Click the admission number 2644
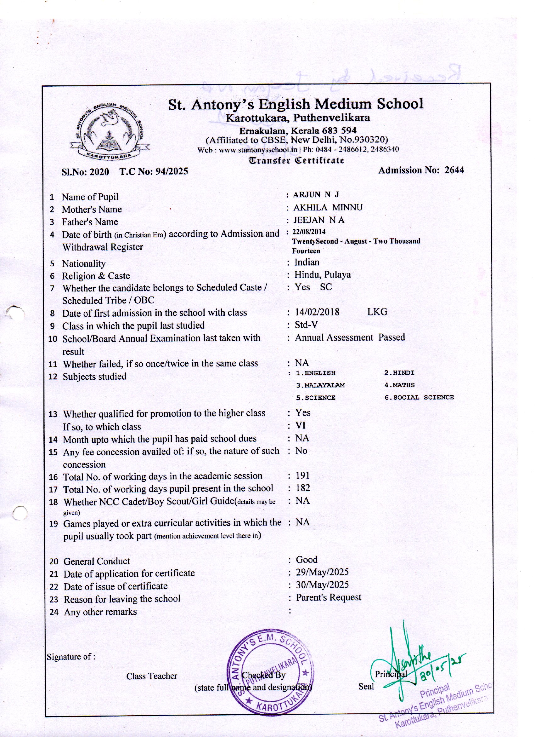tap(454, 170)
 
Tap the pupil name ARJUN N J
tap(316, 195)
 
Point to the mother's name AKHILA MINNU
tap(328, 207)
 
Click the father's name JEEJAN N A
tap(319, 220)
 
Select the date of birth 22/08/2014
tap(309, 232)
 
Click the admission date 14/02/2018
tap(317, 312)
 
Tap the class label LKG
tap(377, 312)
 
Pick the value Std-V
tap(306, 325)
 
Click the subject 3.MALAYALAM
tap(320, 385)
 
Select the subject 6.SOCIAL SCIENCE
tap(419, 397)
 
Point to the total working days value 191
tap(302, 475)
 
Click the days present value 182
tap(303, 488)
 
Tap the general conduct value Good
tap(307, 560)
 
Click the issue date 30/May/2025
tap(322, 584)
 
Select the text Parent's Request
tap(329, 597)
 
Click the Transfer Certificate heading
tap(296, 160)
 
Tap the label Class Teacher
tap(152, 676)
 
